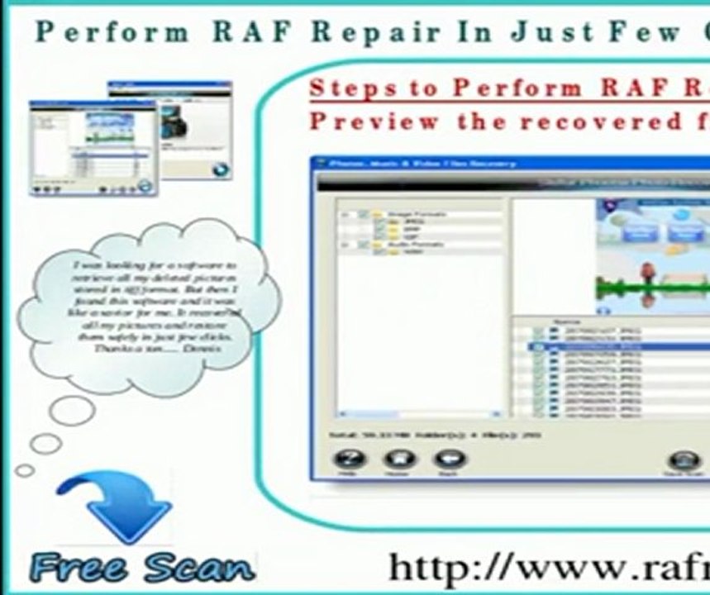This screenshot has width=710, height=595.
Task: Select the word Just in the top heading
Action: tap(541, 32)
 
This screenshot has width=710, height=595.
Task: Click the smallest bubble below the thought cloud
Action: tap(26, 470)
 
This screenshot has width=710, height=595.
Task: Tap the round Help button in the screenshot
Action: tap(349, 461)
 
